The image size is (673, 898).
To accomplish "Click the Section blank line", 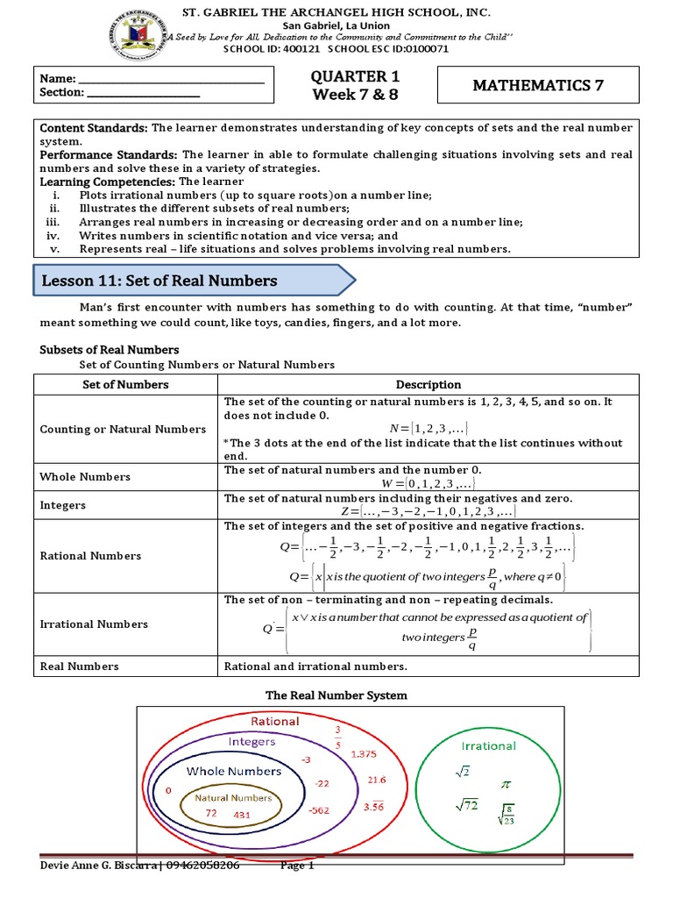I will click(x=144, y=92).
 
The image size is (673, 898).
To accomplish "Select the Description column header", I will click(x=428, y=384).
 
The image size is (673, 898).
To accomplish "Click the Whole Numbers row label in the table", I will click(x=85, y=477).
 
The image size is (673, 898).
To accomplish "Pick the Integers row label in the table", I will click(x=63, y=506).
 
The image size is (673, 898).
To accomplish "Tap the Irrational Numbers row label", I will click(x=95, y=624).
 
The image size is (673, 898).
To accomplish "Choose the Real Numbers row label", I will click(x=80, y=666).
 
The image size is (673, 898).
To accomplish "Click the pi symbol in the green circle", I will click(x=506, y=782).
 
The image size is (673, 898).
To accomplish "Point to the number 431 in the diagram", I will click(x=243, y=815).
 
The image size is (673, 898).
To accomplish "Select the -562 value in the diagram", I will click(x=319, y=810).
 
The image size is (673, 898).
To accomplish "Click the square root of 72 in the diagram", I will click(x=465, y=805).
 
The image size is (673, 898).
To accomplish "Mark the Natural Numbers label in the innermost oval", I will click(x=232, y=798).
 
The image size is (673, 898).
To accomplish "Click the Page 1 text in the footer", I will click(x=297, y=866).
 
